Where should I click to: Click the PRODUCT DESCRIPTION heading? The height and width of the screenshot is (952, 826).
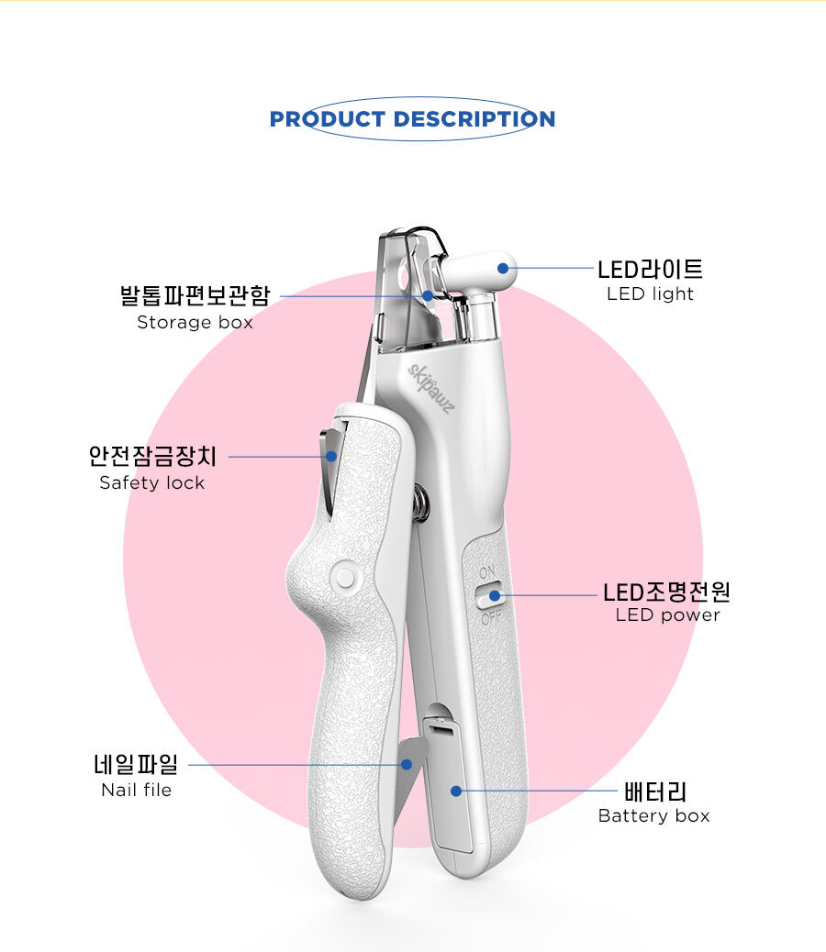[412, 119]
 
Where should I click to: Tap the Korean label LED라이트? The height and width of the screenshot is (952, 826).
[650, 270]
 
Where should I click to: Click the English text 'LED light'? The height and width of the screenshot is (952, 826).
[650, 294]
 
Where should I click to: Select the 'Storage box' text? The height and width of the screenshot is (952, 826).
[195, 323]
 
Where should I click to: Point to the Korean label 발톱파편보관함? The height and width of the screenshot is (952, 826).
[195, 296]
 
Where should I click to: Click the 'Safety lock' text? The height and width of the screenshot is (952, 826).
[152, 483]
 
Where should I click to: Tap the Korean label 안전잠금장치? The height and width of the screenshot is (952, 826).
[152, 456]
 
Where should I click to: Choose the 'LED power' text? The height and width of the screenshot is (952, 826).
[667, 615]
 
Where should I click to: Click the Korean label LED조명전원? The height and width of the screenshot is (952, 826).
[666, 592]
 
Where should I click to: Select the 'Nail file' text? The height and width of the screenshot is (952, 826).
[136, 790]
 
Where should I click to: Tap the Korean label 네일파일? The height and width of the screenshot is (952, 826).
[136, 763]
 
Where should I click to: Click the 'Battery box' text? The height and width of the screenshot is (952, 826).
[653, 816]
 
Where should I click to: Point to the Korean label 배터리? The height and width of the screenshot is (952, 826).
[654, 791]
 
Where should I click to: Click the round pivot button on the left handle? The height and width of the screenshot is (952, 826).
[345, 576]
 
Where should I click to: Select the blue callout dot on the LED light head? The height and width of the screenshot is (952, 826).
[502, 269]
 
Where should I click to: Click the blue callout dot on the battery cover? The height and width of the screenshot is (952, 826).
[456, 791]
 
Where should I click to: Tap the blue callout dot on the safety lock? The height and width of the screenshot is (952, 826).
[331, 456]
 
